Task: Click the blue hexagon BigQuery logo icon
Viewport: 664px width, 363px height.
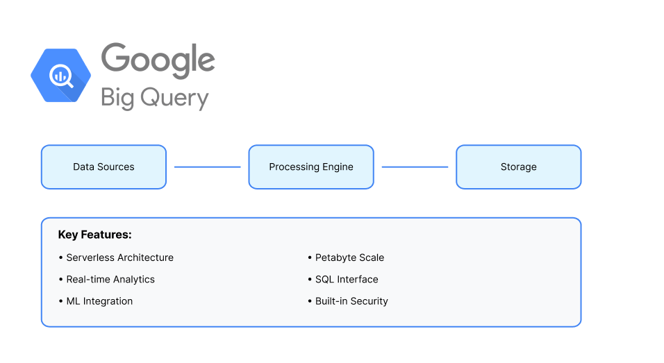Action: click(x=60, y=76)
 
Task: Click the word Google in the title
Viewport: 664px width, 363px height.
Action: click(x=158, y=61)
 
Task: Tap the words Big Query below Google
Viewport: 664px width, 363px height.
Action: click(x=154, y=97)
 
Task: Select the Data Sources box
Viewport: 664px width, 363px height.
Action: click(x=103, y=167)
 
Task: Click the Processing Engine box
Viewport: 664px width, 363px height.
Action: click(x=311, y=167)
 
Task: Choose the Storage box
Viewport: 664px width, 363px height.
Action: click(x=518, y=167)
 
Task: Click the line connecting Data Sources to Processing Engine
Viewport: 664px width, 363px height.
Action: click(x=207, y=167)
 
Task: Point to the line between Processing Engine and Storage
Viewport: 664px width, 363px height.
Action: click(x=415, y=167)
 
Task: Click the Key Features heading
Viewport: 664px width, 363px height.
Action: click(x=94, y=235)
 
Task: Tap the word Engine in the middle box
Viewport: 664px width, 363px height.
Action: click(x=337, y=167)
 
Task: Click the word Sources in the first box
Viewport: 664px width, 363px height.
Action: click(x=116, y=167)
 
